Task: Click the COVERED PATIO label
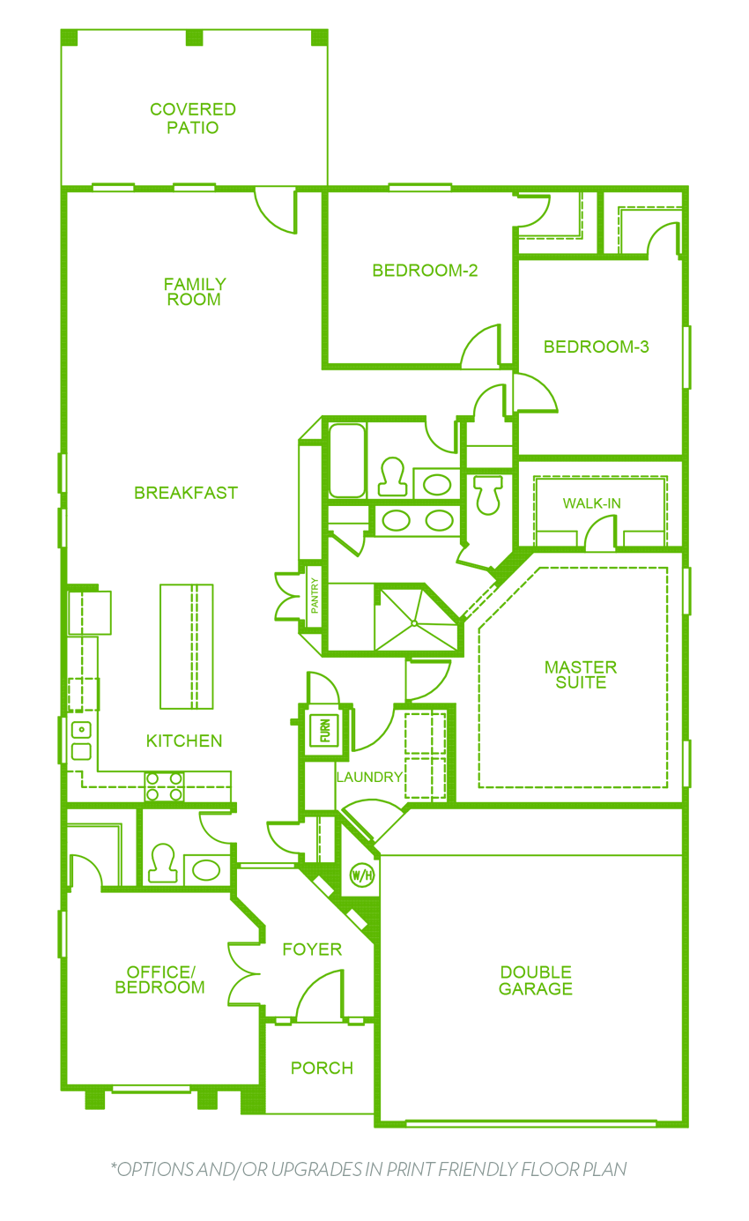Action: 193,118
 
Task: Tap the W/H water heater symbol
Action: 362,875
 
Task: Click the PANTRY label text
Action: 315,596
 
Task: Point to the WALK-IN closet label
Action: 591,503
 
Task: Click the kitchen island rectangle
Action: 186,646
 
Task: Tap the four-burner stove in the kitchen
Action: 164,786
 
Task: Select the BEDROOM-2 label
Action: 425,271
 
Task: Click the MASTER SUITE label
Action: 581,674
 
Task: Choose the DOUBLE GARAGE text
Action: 536,980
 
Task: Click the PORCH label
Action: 322,1068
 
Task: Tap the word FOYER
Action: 312,949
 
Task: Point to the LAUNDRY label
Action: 369,777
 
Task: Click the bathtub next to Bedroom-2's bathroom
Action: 347,460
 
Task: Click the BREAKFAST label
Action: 186,493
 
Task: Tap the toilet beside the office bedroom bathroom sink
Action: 163,863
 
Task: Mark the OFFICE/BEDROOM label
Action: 160,979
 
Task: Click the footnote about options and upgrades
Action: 369,1170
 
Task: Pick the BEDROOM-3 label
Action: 597,346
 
